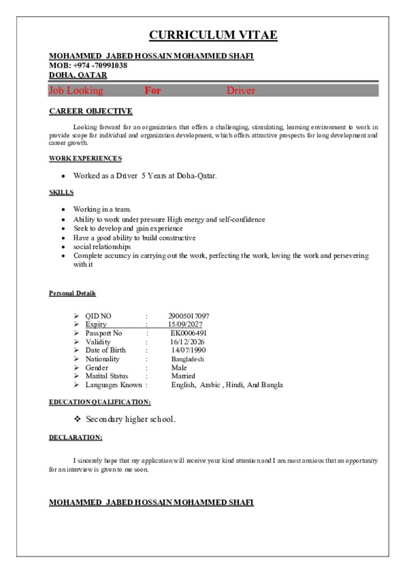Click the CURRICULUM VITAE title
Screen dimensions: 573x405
[x=213, y=35]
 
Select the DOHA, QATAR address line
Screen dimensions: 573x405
[x=78, y=75]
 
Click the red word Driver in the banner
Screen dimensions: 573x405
[x=241, y=91]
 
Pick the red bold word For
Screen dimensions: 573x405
[x=153, y=91]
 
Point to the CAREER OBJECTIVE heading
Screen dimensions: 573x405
[x=91, y=111]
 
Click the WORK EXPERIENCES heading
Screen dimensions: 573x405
[x=85, y=159]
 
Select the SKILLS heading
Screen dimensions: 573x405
[x=61, y=192]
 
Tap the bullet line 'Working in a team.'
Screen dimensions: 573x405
[x=102, y=209]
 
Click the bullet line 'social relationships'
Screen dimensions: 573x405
[x=102, y=247]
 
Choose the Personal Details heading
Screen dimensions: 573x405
[x=72, y=293]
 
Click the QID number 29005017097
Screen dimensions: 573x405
[x=189, y=316]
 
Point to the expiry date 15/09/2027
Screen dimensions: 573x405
[x=185, y=325]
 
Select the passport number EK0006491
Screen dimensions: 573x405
[x=189, y=333]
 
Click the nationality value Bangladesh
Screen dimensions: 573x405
[x=187, y=359]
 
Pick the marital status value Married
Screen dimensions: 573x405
[x=183, y=376]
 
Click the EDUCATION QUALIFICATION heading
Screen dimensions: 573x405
[x=100, y=402]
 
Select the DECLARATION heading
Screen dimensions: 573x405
[x=76, y=437]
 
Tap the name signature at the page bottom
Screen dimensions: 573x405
[x=151, y=502]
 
